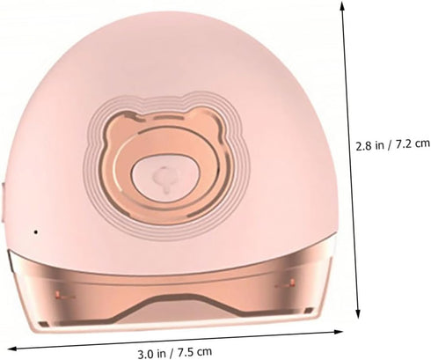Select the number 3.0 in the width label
pos(146,354)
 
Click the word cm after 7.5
pos(205,351)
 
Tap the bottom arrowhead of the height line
pos(358,314)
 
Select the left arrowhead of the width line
pos(11,349)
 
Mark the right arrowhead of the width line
pos(339,332)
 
